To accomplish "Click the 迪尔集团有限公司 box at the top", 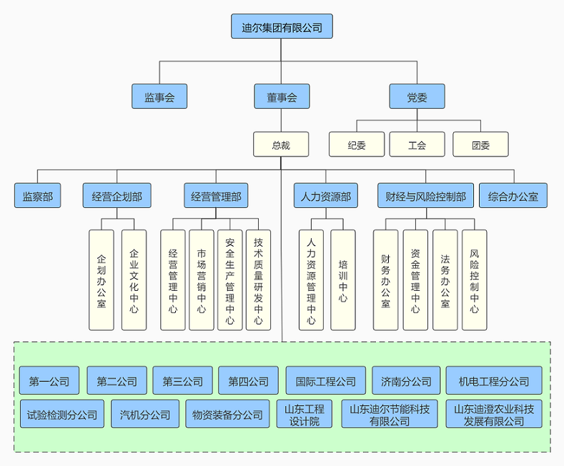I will pyautogui.click(x=282, y=27).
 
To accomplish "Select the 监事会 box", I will pyautogui.click(x=159, y=96).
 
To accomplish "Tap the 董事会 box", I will pyautogui.click(x=282, y=96).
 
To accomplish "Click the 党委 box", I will pyautogui.click(x=417, y=96).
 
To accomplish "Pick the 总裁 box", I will pyautogui.click(x=281, y=144).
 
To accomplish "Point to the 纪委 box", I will pyautogui.click(x=357, y=144).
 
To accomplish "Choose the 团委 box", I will pyautogui.click(x=480, y=144).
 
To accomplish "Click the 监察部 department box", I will pyautogui.click(x=37, y=195).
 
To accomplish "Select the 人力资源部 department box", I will pyautogui.click(x=326, y=195).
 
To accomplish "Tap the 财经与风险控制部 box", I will pyautogui.click(x=425, y=195).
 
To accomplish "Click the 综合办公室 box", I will pyautogui.click(x=513, y=195).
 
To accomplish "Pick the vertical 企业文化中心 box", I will pyautogui.click(x=134, y=279).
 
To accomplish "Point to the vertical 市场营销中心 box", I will pyautogui.click(x=202, y=279).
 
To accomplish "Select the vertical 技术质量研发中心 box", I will pyautogui.click(x=258, y=279).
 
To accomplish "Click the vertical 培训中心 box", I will pyautogui.click(x=343, y=279).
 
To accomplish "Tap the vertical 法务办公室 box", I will pyautogui.click(x=445, y=279).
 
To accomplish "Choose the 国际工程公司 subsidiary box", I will pyautogui.click(x=325, y=381).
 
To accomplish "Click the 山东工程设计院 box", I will pyautogui.click(x=305, y=414).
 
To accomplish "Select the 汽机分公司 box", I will pyautogui.click(x=145, y=414).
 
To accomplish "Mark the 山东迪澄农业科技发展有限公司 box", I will pyautogui.click(x=494, y=414).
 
